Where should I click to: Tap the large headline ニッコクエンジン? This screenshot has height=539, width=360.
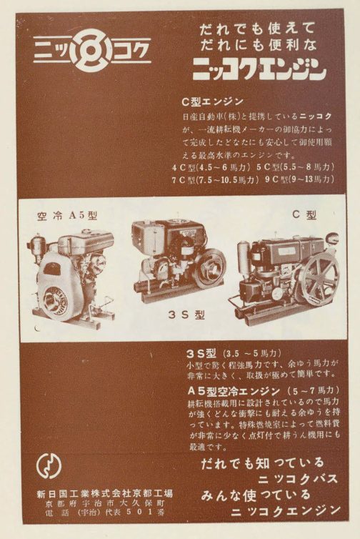point(259,69)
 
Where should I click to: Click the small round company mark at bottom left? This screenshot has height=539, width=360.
point(49,467)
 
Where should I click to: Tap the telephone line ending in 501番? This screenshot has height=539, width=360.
point(105,515)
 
